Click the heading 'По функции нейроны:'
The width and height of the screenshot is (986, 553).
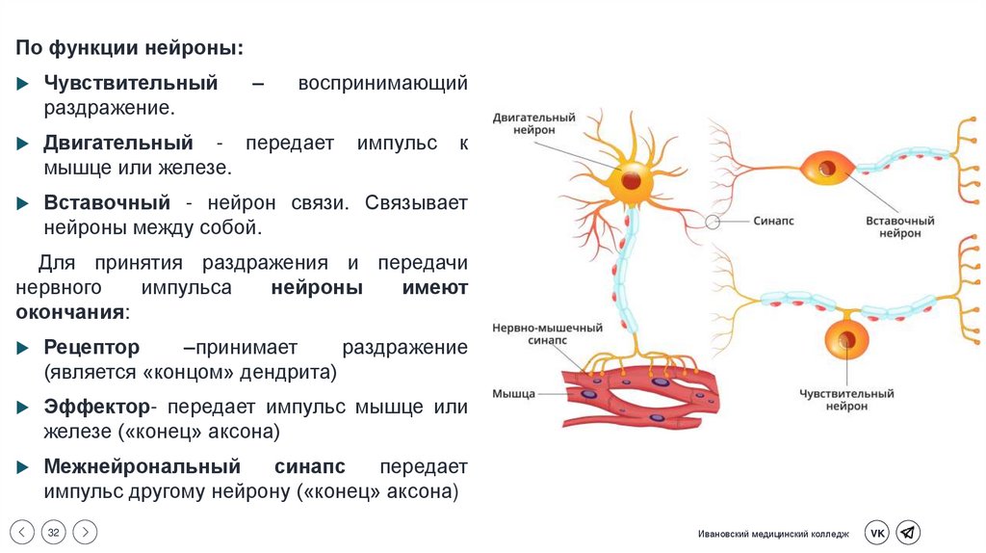[129, 47]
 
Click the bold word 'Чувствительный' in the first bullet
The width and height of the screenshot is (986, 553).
[130, 84]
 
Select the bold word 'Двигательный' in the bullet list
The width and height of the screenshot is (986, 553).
[118, 144]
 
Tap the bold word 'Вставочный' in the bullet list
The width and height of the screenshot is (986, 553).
[107, 203]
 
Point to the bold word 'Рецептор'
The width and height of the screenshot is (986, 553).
[91, 347]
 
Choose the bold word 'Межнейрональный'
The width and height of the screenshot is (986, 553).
[142, 467]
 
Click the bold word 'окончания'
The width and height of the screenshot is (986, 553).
[70, 312]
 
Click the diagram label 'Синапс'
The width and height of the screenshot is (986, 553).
[773, 222]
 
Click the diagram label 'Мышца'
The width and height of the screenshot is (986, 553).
[513, 393]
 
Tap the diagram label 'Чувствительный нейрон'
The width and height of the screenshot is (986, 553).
[846, 400]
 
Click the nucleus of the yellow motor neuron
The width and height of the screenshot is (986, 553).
[630, 179]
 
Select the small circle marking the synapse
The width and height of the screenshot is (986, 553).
[713, 222]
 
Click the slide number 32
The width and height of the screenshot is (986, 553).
[54, 532]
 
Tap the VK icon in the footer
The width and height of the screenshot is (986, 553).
[876, 533]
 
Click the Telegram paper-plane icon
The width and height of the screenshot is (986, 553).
[908, 533]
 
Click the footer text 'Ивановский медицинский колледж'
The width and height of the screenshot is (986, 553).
[774, 534]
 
